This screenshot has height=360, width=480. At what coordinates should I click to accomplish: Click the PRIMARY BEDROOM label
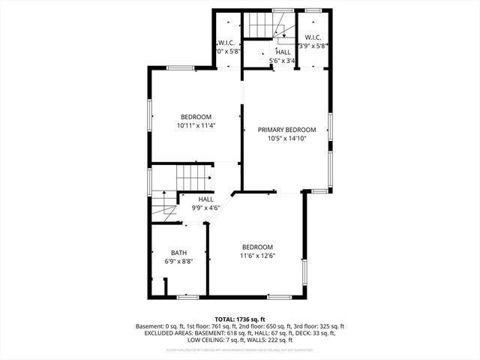coord(286,130)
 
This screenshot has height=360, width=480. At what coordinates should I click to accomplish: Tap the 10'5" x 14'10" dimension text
coord(286,139)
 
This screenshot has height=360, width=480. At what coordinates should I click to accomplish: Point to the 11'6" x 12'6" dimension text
coord(256,256)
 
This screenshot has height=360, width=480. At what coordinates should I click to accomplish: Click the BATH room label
coord(178,253)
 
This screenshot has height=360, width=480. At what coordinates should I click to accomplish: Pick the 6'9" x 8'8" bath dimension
coord(178,262)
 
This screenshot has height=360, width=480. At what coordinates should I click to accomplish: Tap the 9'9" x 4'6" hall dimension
coord(205,208)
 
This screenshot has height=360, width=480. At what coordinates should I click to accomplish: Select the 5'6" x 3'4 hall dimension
coord(283,61)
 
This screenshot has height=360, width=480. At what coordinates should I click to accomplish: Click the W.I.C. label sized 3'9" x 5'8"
coord(313,38)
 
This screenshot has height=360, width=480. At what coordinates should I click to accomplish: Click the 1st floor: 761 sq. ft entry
coord(207,326)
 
